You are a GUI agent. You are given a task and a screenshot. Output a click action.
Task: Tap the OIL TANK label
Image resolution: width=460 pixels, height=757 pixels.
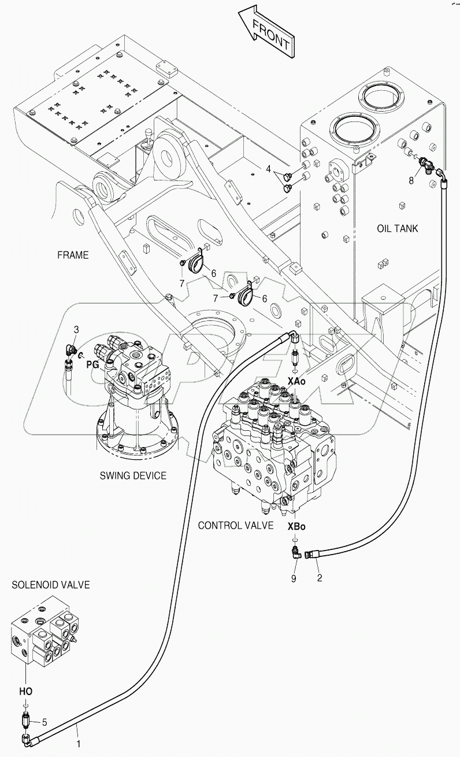point(397,228)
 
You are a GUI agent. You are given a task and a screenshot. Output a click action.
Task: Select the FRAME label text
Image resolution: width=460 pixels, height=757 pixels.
point(73,254)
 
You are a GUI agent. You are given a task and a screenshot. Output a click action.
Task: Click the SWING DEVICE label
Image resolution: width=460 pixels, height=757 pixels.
point(132,475)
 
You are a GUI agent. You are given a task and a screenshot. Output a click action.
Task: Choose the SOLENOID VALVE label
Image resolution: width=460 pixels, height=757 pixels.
point(50,585)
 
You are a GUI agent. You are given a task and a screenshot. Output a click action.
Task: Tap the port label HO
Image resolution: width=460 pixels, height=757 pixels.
point(25,691)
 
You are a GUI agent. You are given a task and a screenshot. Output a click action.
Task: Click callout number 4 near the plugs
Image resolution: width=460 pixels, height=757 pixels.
point(268,169)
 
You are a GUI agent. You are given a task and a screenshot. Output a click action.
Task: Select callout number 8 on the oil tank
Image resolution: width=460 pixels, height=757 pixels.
point(411,180)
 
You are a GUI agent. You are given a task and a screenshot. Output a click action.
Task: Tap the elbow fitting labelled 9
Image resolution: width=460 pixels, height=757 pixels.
point(295,554)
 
